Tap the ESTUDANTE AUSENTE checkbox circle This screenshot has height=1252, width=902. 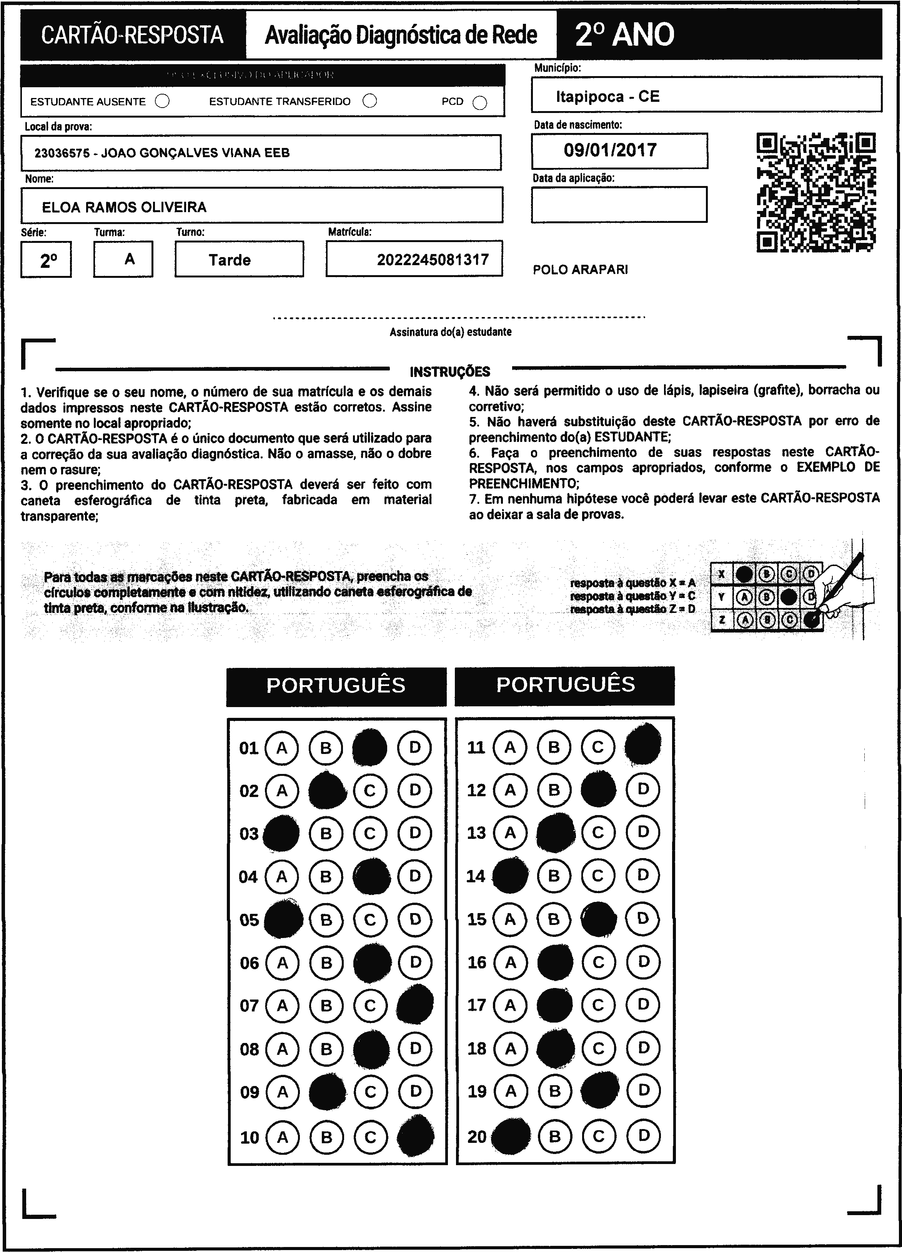pyautogui.click(x=162, y=101)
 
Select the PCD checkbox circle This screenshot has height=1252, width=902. pyautogui.click(x=480, y=103)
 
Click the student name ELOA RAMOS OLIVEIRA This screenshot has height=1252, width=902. pyautogui.click(x=124, y=207)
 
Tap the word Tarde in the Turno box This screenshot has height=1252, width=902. pyautogui.click(x=230, y=260)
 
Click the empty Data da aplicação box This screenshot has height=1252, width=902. pyautogui.click(x=619, y=204)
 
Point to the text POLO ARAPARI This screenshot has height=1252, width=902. pyautogui.click(x=580, y=270)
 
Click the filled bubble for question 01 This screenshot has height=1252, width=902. pyautogui.click(x=369, y=747)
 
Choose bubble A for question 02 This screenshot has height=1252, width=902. pyautogui.click(x=282, y=790)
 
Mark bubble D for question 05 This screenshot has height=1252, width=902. pyautogui.click(x=415, y=920)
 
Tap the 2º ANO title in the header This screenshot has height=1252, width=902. pyautogui.click(x=624, y=35)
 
